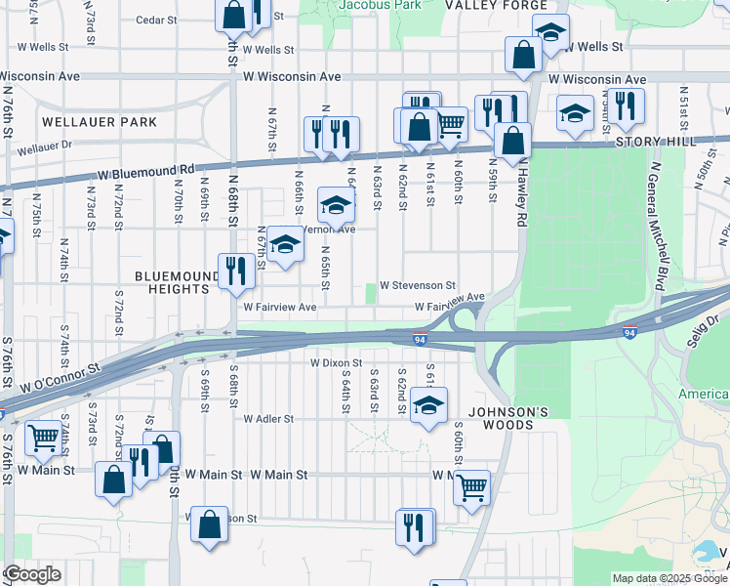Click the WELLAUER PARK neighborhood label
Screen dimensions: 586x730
pos(100,122)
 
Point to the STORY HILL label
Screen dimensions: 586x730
pos(656,142)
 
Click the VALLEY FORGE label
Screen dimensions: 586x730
pos(496,6)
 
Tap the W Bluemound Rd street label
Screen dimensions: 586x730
pos(145,175)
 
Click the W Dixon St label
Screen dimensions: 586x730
pos(336,362)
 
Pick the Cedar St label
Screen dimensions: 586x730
pos(156,20)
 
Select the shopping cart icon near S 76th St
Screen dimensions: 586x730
pos(43,438)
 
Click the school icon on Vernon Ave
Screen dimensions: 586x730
pos(335,207)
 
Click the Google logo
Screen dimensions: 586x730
pos(32,574)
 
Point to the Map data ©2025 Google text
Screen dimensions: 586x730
pos(669,578)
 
